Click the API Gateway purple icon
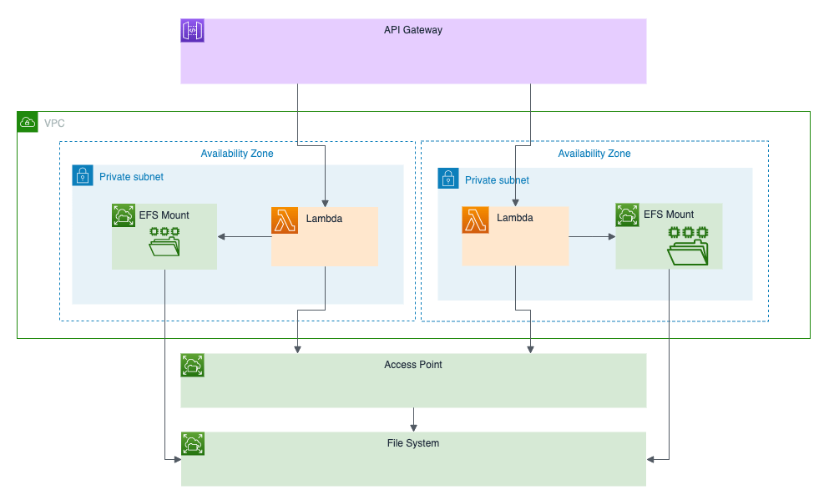click(193, 31)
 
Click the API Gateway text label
click(413, 30)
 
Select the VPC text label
click(54, 123)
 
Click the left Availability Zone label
click(236, 154)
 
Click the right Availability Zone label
click(594, 154)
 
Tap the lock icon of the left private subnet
click(83, 176)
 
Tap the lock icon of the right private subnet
click(449, 179)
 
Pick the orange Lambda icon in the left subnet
click(284, 220)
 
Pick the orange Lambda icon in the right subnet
click(474, 220)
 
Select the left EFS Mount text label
click(164, 215)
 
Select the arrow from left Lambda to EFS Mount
click(245, 237)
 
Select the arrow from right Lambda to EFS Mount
click(592, 237)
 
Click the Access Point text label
click(413, 365)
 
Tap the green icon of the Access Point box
click(193, 365)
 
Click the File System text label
click(413, 443)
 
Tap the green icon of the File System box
click(193, 443)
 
